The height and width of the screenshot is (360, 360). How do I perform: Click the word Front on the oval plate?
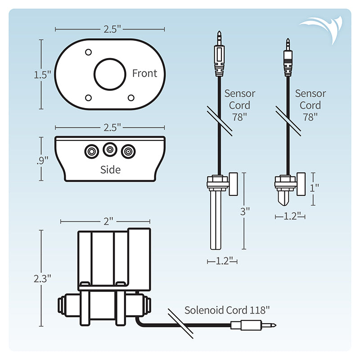(144, 73)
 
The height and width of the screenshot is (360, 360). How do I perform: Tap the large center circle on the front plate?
(110, 74)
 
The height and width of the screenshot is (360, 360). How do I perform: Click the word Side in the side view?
(110, 170)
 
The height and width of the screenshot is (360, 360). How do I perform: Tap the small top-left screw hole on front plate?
(89, 52)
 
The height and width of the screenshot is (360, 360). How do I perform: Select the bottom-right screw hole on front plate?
(131, 98)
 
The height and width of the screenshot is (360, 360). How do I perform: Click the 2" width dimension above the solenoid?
(105, 221)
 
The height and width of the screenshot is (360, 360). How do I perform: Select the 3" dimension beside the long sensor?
(244, 211)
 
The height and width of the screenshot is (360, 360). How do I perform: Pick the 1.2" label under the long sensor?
(222, 261)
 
